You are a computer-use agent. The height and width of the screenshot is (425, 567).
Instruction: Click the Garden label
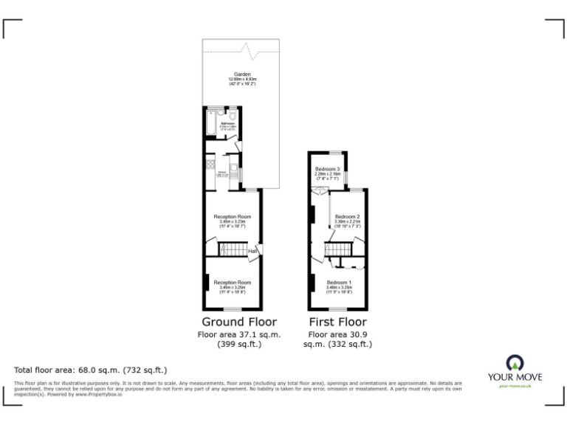(242, 75)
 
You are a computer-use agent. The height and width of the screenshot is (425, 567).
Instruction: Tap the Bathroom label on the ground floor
(227, 123)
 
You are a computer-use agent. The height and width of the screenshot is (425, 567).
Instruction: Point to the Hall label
(252, 252)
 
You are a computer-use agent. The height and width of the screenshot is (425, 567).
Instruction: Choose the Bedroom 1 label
(340, 283)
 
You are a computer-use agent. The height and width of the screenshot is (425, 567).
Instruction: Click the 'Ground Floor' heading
(239, 322)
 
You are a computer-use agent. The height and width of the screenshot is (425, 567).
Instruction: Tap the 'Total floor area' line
(91, 369)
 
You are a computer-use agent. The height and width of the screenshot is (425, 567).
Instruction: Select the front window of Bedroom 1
(340, 309)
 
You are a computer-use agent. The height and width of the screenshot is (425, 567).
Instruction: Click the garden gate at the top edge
(255, 50)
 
